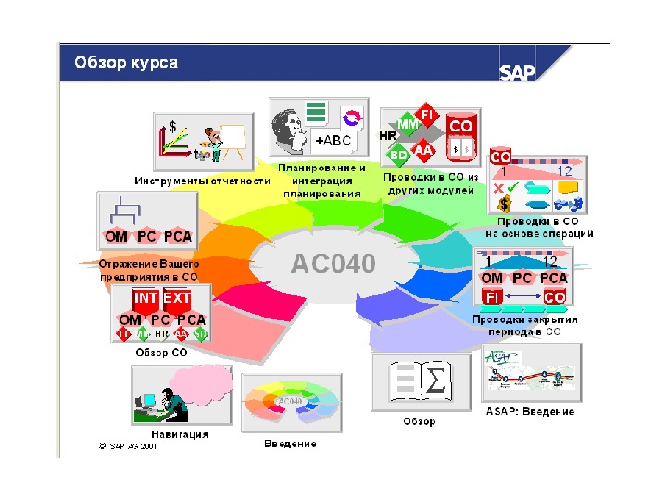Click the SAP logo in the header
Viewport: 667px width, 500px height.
click(x=518, y=72)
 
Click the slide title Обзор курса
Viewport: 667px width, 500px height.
click(x=126, y=63)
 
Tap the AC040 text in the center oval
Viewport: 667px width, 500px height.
click(x=333, y=265)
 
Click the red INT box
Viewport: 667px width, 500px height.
click(x=146, y=299)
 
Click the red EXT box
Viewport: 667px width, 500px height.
click(x=177, y=299)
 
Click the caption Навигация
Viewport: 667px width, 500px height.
click(x=179, y=433)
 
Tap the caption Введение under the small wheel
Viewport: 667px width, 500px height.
click(x=290, y=444)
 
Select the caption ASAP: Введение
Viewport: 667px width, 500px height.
click(x=530, y=411)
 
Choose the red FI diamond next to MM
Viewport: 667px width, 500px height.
click(x=427, y=114)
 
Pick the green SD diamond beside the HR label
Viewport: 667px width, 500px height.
click(x=399, y=154)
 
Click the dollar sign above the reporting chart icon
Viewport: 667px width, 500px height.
click(x=172, y=125)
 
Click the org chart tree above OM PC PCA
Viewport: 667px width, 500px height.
click(x=124, y=209)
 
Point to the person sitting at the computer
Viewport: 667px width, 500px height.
click(x=168, y=398)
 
